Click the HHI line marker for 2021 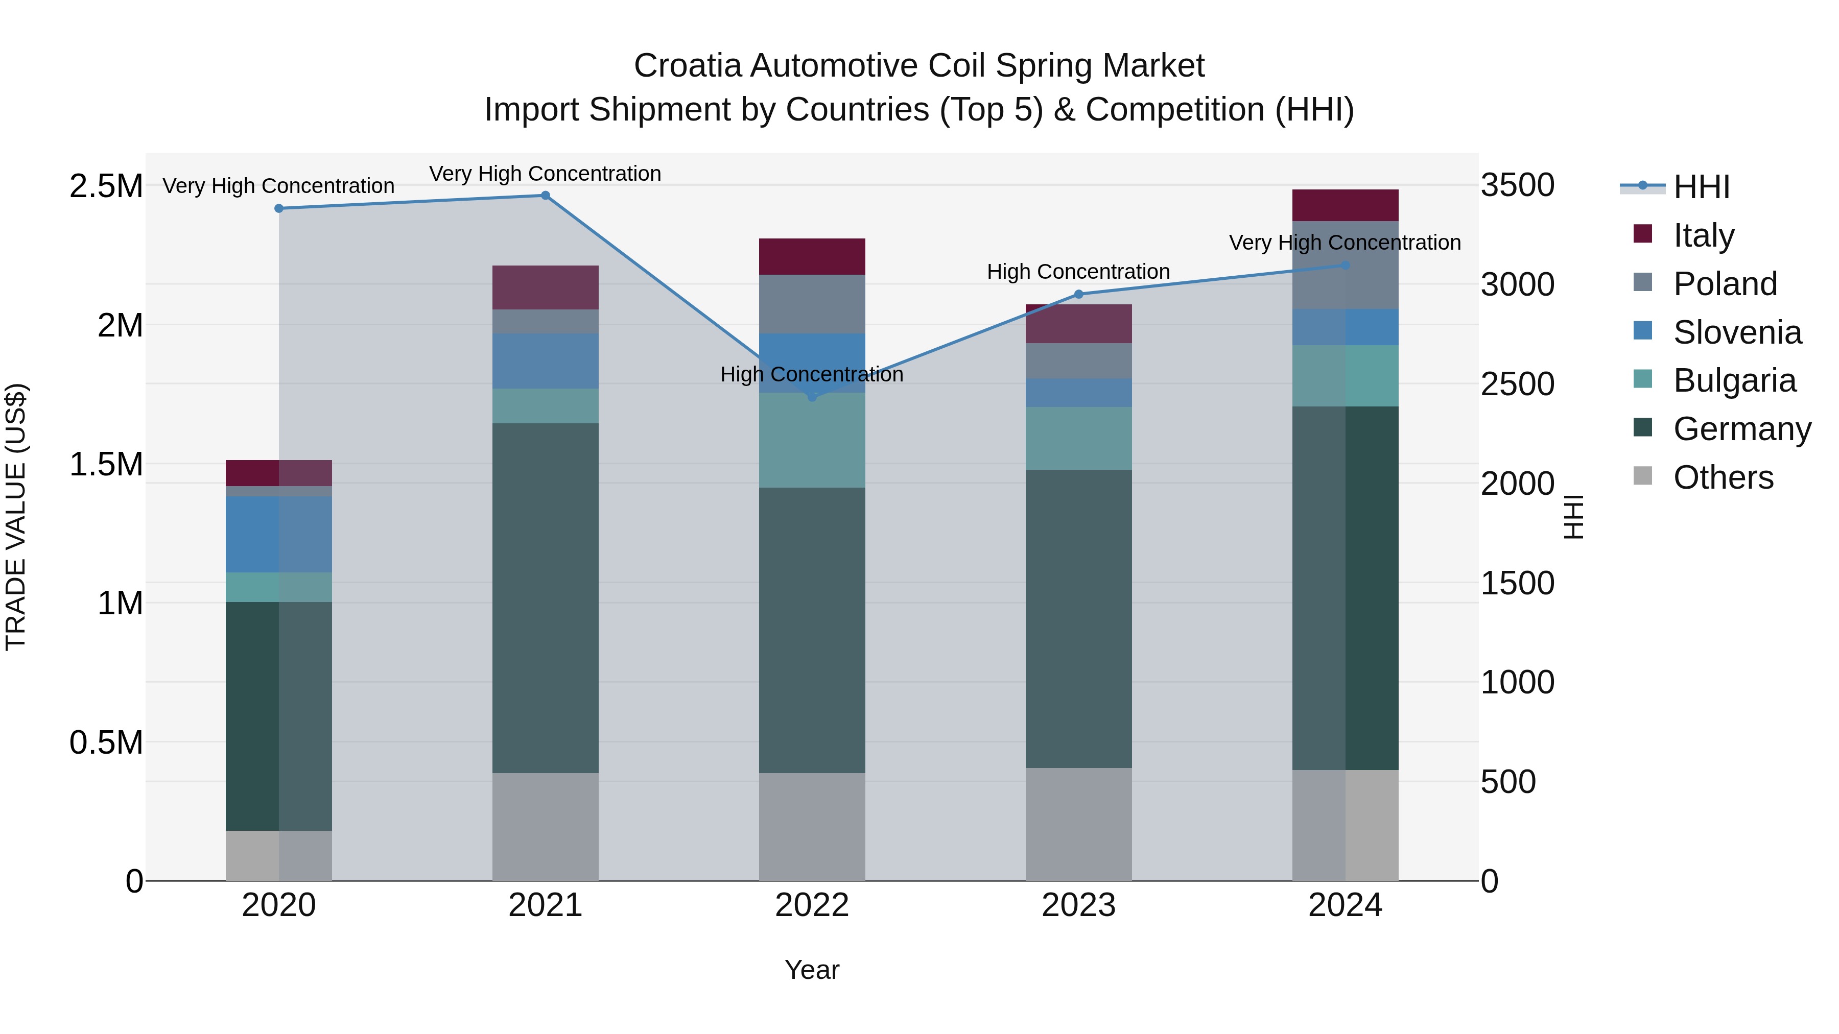(x=546, y=196)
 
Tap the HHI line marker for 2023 (x=1079, y=294)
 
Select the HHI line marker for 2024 (x=1345, y=266)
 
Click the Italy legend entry (x=1703, y=235)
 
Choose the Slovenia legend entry (x=1736, y=332)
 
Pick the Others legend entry (x=1722, y=477)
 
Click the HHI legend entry (x=1701, y=187)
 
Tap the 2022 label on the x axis (x=812, y=905)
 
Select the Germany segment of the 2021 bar (x=546, y=598)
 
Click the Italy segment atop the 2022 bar (x=812, y=256)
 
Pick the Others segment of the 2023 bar (x=1079, y=824)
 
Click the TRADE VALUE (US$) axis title (x=16, y=517)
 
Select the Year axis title (x=812, y=970)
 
